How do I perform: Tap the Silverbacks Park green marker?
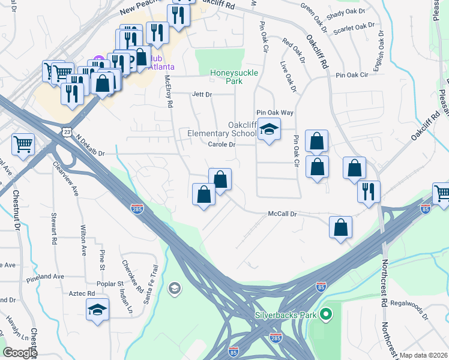(x=326, y=313)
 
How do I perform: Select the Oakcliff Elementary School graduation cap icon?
(x=269, y=129)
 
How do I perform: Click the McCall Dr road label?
(x=283, y=214)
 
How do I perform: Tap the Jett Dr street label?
(x=202, y=95)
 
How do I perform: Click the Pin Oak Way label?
(x=275, y=112)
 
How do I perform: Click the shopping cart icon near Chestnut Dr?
(x=23, y=143)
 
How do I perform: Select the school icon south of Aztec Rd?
(x=98, y=310)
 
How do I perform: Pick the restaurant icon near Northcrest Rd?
(x=368, y=191)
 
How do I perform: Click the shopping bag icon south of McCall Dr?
(x=340, y=227)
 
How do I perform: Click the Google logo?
(x=19, y=353)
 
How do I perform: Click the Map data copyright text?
(x=424, y=355)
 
